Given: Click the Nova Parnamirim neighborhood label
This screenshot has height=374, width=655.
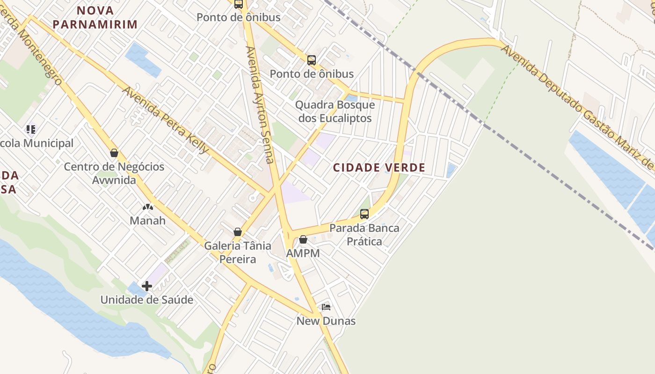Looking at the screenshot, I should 95,17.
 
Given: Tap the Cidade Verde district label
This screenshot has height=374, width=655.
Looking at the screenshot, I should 379,167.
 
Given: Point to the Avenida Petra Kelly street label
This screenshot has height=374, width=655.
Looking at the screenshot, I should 166,120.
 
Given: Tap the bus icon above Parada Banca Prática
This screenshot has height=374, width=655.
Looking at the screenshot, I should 364,214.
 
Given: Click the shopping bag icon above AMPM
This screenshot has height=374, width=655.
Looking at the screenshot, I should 303,239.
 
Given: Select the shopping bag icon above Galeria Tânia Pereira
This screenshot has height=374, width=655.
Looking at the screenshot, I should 238,232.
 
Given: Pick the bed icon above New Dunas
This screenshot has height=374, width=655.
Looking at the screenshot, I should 326,307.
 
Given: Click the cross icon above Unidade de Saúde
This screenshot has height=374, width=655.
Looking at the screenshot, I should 147,286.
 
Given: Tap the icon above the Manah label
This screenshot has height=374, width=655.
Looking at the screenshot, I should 148,207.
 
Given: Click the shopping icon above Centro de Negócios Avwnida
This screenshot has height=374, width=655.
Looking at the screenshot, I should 114,153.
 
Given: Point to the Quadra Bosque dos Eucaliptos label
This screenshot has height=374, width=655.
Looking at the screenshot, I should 335,111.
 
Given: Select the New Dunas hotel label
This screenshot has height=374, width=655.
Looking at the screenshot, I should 326,321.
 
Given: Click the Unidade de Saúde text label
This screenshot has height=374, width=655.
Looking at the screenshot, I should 147,300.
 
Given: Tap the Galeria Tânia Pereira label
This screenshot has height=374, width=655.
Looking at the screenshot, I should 238,252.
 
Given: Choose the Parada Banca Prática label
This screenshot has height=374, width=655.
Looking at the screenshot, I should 364,235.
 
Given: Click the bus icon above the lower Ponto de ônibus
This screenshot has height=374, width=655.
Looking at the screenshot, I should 312,60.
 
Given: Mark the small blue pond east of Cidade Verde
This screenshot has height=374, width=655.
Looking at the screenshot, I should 451,170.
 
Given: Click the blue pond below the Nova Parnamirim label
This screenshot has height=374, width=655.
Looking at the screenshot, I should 143,59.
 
